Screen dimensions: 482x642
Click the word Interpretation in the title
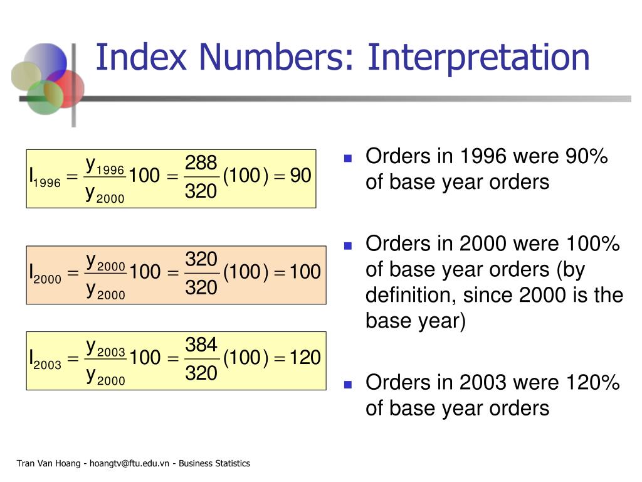point(478,57)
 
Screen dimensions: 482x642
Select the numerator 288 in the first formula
point(201,163)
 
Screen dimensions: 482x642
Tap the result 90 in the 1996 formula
point(301,176)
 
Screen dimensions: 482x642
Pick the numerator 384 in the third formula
point(201,345)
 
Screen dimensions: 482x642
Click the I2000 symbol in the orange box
point(45,273)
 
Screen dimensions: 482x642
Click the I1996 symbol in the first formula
point(45,177)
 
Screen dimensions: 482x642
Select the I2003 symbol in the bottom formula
point(45,359)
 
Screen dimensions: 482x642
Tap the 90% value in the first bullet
point(586,157)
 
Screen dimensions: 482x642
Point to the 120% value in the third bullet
point(592,382)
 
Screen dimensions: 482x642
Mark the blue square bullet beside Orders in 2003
point(348,383)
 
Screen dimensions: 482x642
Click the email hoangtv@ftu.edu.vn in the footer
point(130,464)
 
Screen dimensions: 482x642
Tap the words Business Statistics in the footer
point(214,464)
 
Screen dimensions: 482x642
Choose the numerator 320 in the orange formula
point(201,259)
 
